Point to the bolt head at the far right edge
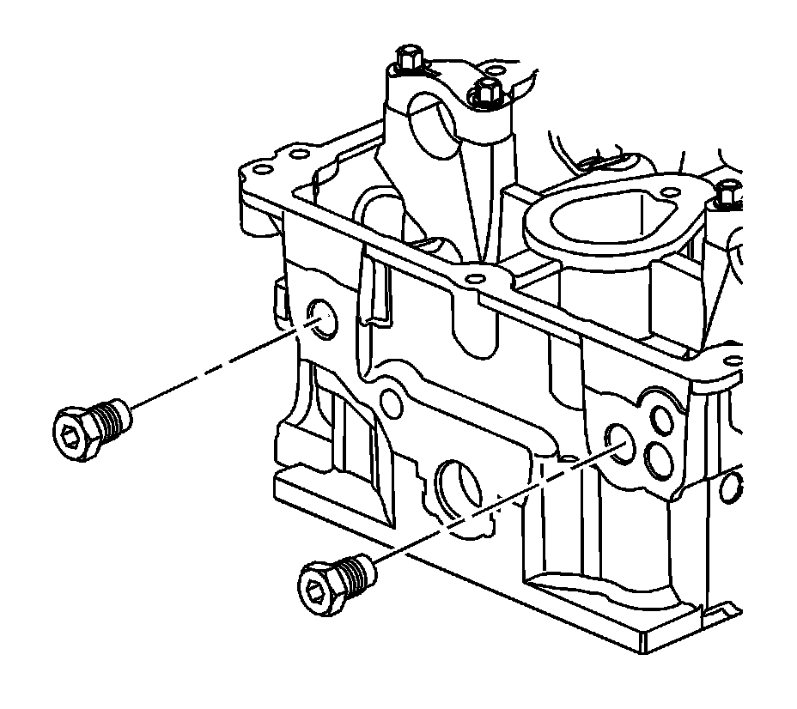(x=727, y=195)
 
